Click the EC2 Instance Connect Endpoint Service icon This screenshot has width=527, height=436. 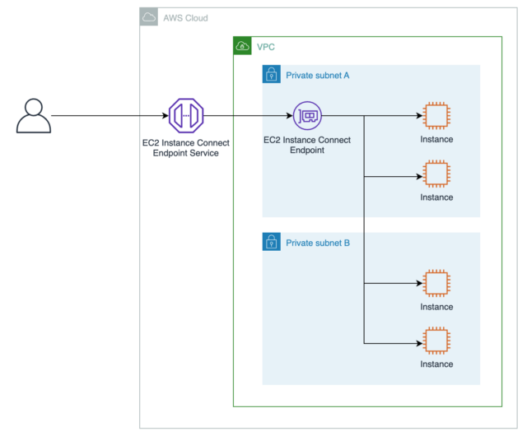(x=185, y=116)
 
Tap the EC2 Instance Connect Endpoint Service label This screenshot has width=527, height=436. (x=185, y=147)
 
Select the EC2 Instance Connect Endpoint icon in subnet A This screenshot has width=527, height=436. (x=307, y=116)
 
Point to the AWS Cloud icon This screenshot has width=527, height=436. (x=149, y=17)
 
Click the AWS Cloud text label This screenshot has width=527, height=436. (x=185, y=18)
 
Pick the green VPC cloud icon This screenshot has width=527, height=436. (x=243, y=46)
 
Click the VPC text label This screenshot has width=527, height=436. (x=266, y=47)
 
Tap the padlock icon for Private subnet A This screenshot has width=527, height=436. (x=272, y=75)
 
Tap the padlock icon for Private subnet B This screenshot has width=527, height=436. (x=272, y=242)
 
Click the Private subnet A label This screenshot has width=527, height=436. (x=318, y=76)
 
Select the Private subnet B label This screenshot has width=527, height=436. (x=318, y=243)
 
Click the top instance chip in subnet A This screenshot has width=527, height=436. (x=436, y=116)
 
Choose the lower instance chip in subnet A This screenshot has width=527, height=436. (x=436, y=174)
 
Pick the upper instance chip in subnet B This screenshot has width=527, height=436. (x=436, y=284)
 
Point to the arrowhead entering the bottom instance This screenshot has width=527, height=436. (x=419, y=341)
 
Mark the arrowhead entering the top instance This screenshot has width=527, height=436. (x=419, y=116)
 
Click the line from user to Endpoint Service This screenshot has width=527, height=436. (x=107, y=116)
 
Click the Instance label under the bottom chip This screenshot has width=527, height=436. (x=436, y=364)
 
